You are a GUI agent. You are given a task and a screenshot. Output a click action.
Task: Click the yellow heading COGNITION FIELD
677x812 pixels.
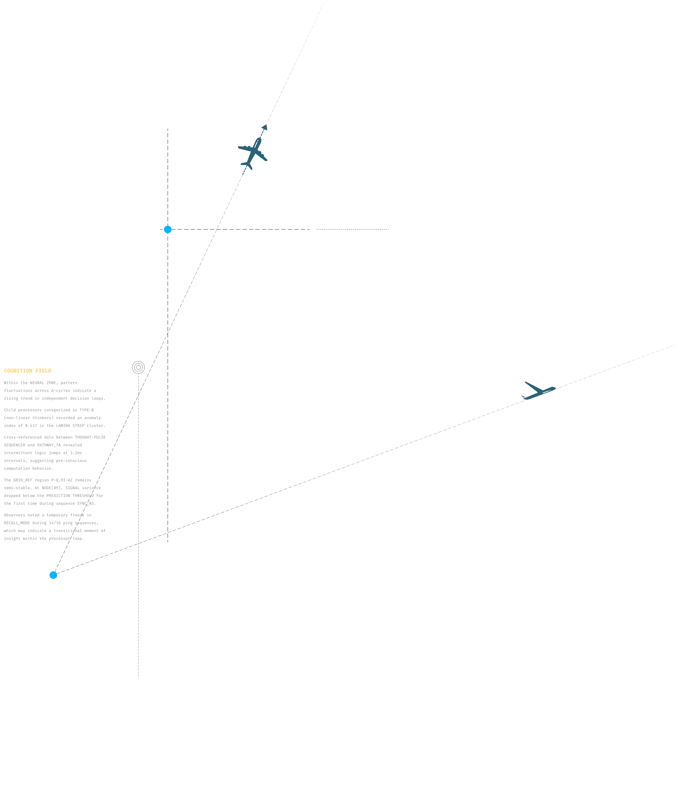[x=28, y=371]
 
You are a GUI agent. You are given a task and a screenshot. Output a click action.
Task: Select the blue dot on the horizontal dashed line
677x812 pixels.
[x=168, y=230]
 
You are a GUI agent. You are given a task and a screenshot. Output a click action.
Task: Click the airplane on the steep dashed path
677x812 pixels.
[x=253, y=153]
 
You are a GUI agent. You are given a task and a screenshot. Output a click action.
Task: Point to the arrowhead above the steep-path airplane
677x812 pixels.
[x=265, y=127]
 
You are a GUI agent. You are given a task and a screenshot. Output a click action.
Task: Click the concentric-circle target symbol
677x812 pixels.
[x=138, y=367]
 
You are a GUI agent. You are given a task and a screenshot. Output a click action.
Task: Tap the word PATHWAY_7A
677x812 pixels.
[x=49, y=445]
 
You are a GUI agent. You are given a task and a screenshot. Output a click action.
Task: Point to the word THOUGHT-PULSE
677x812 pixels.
[x=90, y=437]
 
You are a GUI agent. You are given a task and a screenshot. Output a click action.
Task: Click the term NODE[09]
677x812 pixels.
[x=52, y=488]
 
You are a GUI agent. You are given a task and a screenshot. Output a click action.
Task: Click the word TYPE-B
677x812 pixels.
[x=86, y=410]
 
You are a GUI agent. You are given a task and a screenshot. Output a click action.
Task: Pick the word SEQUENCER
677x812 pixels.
[x=14, y=445]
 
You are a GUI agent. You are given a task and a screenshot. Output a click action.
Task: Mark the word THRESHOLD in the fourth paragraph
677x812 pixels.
[x=83, y=496]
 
